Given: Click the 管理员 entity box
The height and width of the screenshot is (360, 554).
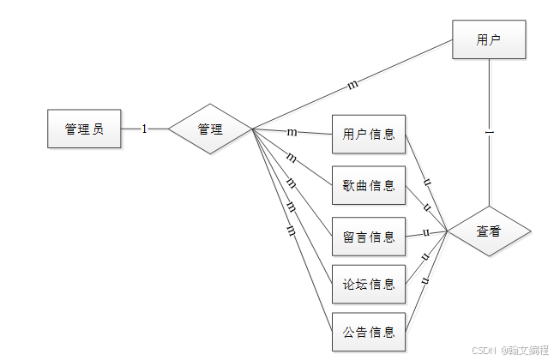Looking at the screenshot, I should [x=84, y=129].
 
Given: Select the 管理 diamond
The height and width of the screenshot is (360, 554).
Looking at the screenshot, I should [x=210, y=129].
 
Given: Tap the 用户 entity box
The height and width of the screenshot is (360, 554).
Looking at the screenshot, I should [x=489, y=39].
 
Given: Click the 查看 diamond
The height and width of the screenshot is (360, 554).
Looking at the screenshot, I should [x=489, y=231].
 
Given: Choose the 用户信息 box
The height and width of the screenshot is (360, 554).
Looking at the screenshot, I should [x=369, y=135].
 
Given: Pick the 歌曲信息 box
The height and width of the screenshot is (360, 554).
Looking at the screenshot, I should [x=369, y=185].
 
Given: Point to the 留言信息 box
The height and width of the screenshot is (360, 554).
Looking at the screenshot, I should [x=369, y=236].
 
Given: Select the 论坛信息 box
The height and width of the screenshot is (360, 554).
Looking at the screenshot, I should [x=369, y=284].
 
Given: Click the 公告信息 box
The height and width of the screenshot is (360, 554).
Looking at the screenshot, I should [x=369, y=332].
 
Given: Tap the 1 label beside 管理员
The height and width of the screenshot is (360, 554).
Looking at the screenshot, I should [x=144, y=129].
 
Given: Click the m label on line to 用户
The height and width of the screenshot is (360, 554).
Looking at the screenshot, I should [x=352, y=85].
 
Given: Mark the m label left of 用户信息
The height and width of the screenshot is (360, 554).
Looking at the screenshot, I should [x=292, y=132].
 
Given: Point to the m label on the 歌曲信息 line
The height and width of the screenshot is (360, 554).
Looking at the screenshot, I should [x=292, y=158].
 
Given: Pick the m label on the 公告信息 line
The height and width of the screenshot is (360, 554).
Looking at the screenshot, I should [x=291, y=231].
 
